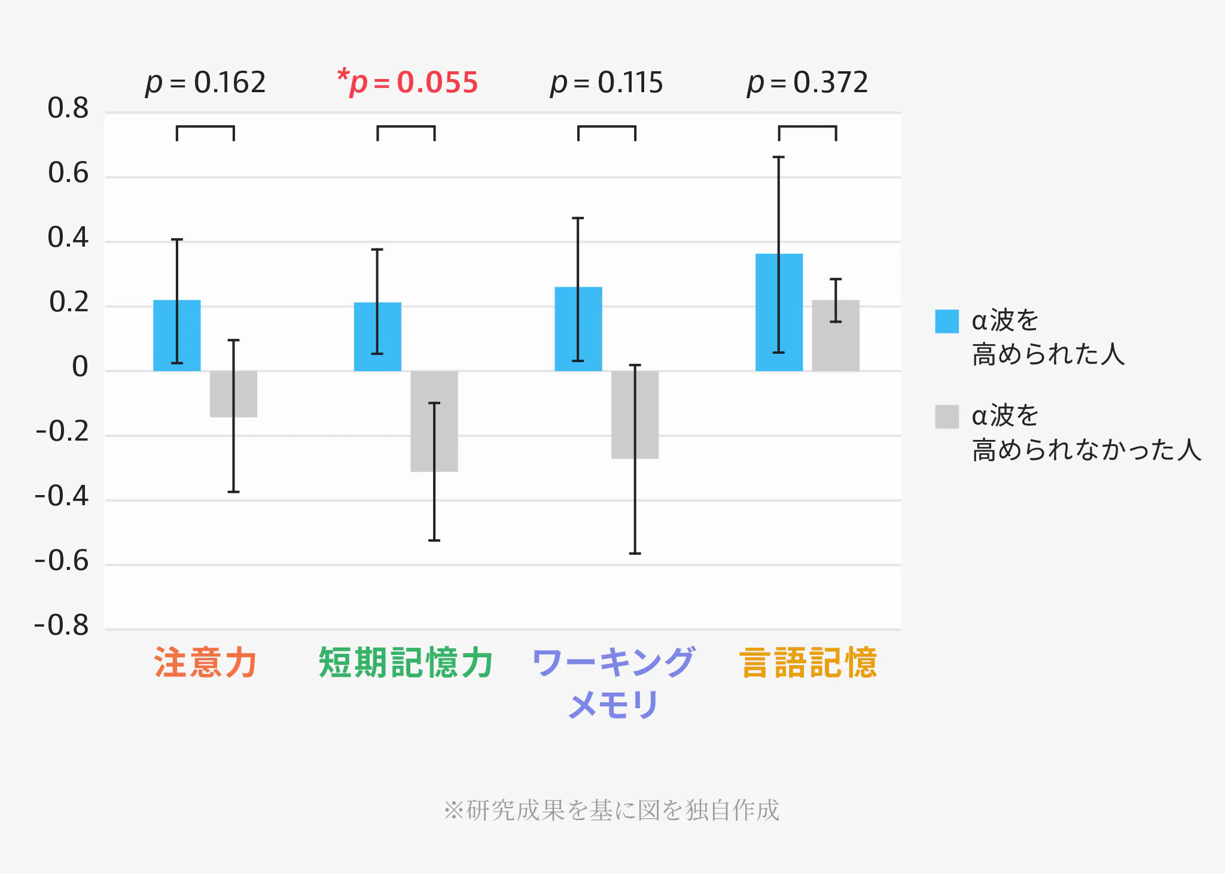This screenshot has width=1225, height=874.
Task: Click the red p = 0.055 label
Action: tap(408, 83)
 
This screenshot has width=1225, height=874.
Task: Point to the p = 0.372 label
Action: tap(807, 83)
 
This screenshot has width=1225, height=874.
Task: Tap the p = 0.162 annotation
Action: tap(206, 83)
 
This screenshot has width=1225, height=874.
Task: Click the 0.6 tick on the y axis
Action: tap(68, 174)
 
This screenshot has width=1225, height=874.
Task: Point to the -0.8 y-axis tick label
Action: tap(62, 626)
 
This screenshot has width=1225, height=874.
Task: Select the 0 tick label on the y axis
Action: tap(80, 367)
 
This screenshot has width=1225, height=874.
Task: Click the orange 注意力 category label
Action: tap(206, 663)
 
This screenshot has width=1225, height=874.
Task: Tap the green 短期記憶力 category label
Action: tap(406, 663)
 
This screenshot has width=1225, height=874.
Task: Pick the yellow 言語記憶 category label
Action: tap(808, 663)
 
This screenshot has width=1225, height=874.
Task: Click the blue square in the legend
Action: tap(947, 321)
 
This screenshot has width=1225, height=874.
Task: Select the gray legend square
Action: tap(947, 417)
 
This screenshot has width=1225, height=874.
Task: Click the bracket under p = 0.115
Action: tap(607, 128)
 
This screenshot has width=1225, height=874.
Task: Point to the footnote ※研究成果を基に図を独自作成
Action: tap(612, 810)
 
